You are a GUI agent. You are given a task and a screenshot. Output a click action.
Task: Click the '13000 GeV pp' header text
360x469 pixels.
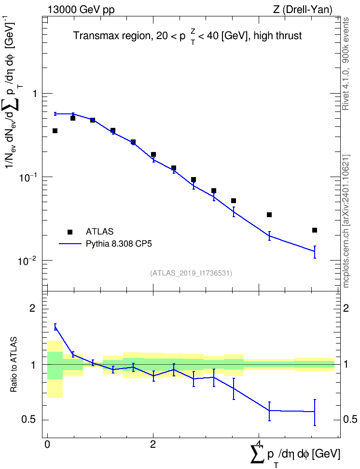point(81,10)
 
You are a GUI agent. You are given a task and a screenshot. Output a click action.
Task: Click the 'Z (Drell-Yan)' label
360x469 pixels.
point(303,10)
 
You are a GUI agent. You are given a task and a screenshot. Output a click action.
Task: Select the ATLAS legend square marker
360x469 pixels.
point(70,232)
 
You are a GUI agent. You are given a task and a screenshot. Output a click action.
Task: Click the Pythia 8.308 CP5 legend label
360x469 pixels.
point(119,244)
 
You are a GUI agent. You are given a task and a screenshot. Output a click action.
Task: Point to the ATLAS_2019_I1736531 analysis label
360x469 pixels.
point(191,273)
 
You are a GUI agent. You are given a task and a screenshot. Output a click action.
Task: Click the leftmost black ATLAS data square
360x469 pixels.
point(55,131)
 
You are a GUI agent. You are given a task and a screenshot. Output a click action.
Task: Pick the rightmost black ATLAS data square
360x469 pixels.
point(315,230)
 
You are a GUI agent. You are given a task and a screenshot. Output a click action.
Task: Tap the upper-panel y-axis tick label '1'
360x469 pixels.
point(35,94)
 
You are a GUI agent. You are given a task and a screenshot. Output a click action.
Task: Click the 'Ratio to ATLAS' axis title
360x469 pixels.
point(14,365)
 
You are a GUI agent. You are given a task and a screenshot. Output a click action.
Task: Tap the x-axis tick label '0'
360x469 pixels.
point(47,443)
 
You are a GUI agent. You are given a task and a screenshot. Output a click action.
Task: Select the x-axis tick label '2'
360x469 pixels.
point(153,443)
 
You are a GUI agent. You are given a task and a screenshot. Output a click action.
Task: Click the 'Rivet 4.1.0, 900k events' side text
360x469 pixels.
point(346,64)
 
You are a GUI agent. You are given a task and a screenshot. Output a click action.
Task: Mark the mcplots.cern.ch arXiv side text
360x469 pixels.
point(346,221)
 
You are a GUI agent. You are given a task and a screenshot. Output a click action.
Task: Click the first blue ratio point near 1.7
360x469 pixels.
point(55,327)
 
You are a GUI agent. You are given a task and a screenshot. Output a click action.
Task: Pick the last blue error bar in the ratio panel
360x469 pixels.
point(315,412)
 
